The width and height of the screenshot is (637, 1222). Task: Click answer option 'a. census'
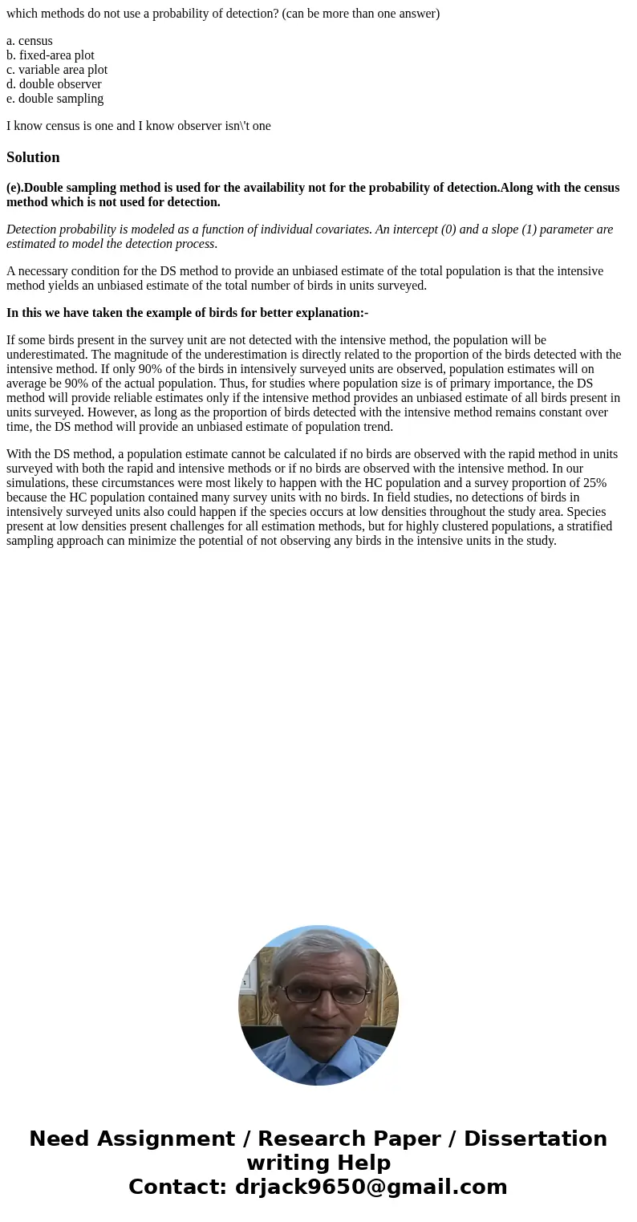(30, 41)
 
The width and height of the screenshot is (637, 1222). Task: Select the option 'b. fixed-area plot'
(51, 55)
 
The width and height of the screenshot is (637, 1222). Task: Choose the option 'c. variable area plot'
(57, 70)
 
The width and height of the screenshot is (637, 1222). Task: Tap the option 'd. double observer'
(54, 84)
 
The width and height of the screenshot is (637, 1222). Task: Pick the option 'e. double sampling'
(55, 99)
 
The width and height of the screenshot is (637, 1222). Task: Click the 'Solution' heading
(33, 157)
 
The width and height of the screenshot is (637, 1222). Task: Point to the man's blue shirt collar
(318, 1059)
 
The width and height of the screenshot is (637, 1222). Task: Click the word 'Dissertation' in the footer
(534, 1139)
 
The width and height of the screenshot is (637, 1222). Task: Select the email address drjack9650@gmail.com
(371, 1187)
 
